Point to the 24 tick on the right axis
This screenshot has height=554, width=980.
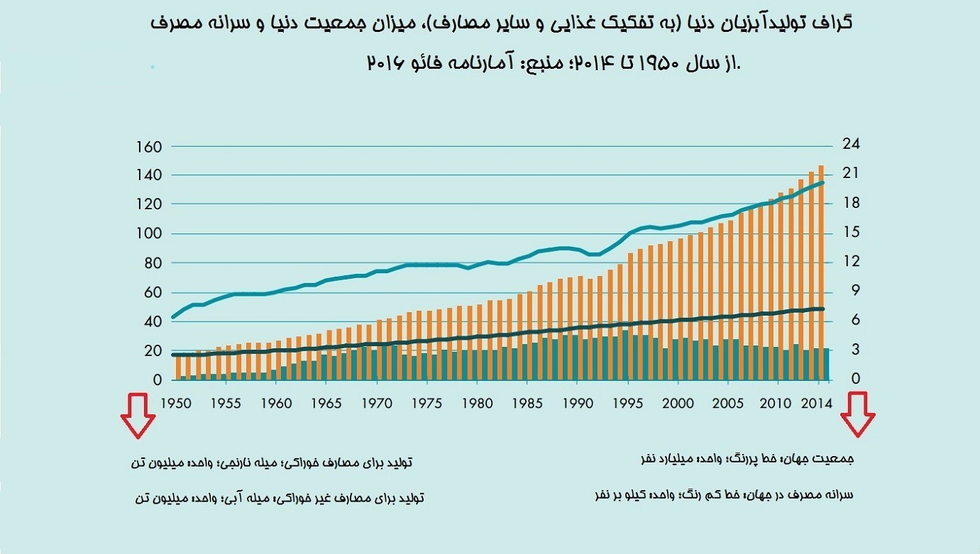[850, 144]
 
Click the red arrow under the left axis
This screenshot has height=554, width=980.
[138, 416]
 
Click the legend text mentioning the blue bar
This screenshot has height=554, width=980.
[279, 498]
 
